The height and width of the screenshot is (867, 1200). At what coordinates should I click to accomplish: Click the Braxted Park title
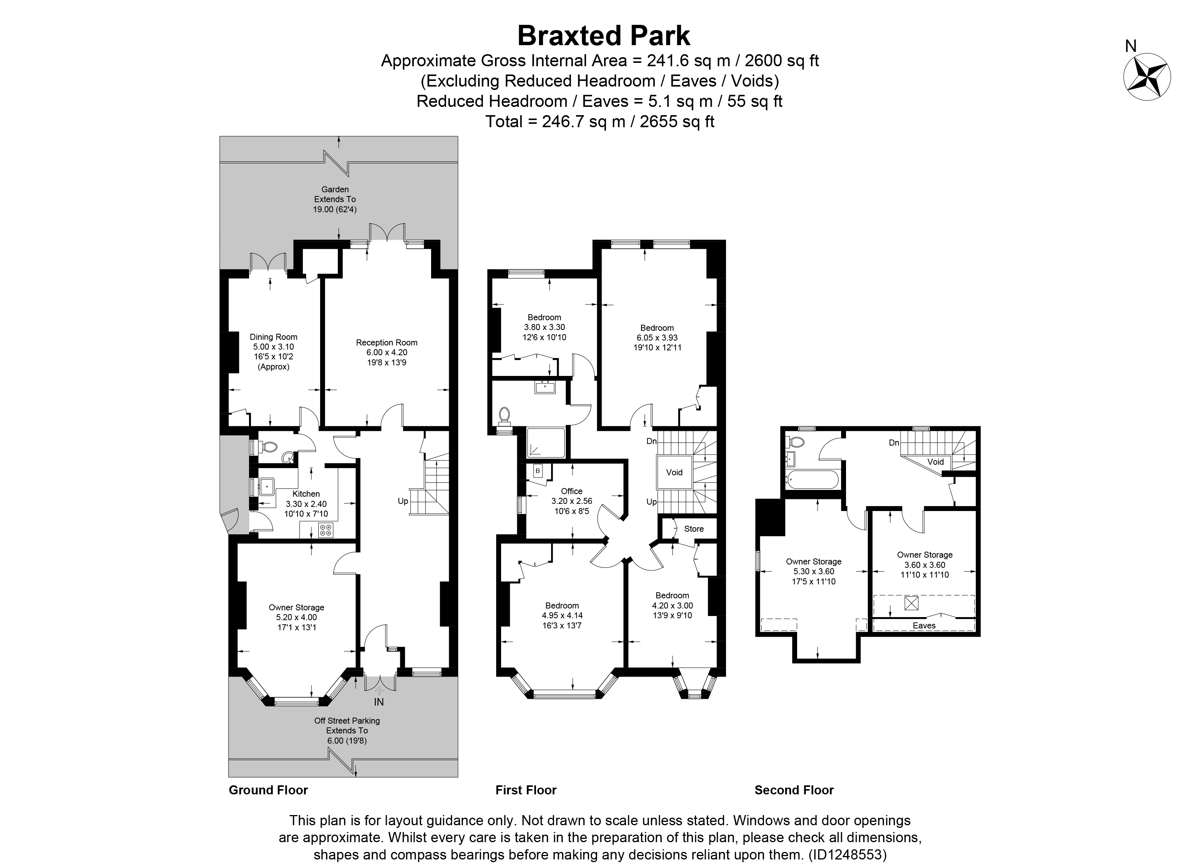603,36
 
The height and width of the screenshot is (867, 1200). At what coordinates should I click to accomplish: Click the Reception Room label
386,342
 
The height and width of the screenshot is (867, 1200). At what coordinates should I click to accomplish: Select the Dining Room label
273,337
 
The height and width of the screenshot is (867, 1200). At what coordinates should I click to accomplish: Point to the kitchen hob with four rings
326,530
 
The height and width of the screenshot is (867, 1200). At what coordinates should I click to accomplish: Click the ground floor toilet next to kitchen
268,447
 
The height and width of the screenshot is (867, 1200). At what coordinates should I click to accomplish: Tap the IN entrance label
379,702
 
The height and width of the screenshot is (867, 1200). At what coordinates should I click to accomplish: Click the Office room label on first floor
571,491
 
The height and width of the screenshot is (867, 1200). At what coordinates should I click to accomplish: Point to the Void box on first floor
674,472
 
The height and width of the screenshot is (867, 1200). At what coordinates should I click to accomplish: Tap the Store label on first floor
693,528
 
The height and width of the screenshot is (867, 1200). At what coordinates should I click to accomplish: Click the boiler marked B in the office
538,470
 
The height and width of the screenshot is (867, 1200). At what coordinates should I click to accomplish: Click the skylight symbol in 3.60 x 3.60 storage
911,603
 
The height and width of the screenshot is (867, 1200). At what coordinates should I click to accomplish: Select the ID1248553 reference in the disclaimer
841,854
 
